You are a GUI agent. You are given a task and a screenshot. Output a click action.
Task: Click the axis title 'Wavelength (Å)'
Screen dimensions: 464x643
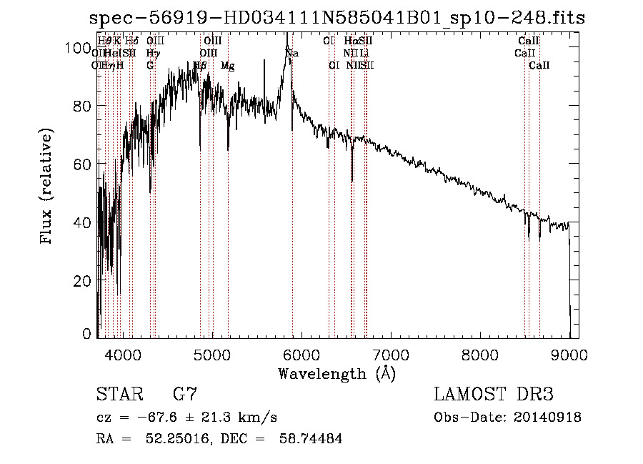tap(337, 373)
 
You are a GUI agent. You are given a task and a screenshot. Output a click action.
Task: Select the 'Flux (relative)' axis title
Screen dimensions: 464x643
tap(48, 188)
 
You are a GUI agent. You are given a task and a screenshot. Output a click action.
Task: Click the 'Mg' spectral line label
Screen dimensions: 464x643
tap(227, 66)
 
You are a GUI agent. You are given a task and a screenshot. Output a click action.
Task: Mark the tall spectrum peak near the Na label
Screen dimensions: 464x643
tap(286, 36)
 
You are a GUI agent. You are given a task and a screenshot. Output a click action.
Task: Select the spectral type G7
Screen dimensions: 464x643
tap(185, 395)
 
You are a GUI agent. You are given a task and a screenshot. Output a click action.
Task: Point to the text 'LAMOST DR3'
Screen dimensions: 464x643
tap(494, 395)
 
